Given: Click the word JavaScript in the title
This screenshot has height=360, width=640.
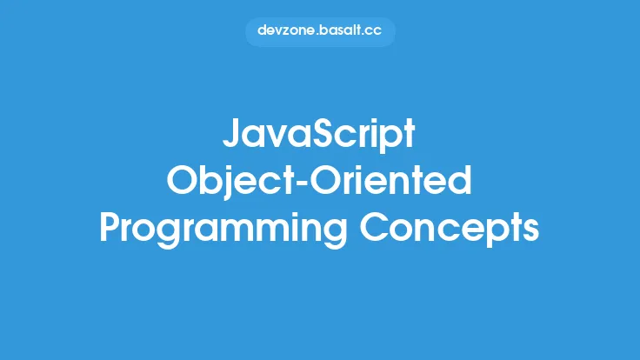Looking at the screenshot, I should (320, 137).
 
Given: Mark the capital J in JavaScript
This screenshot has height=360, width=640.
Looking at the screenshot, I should (231, 137).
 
